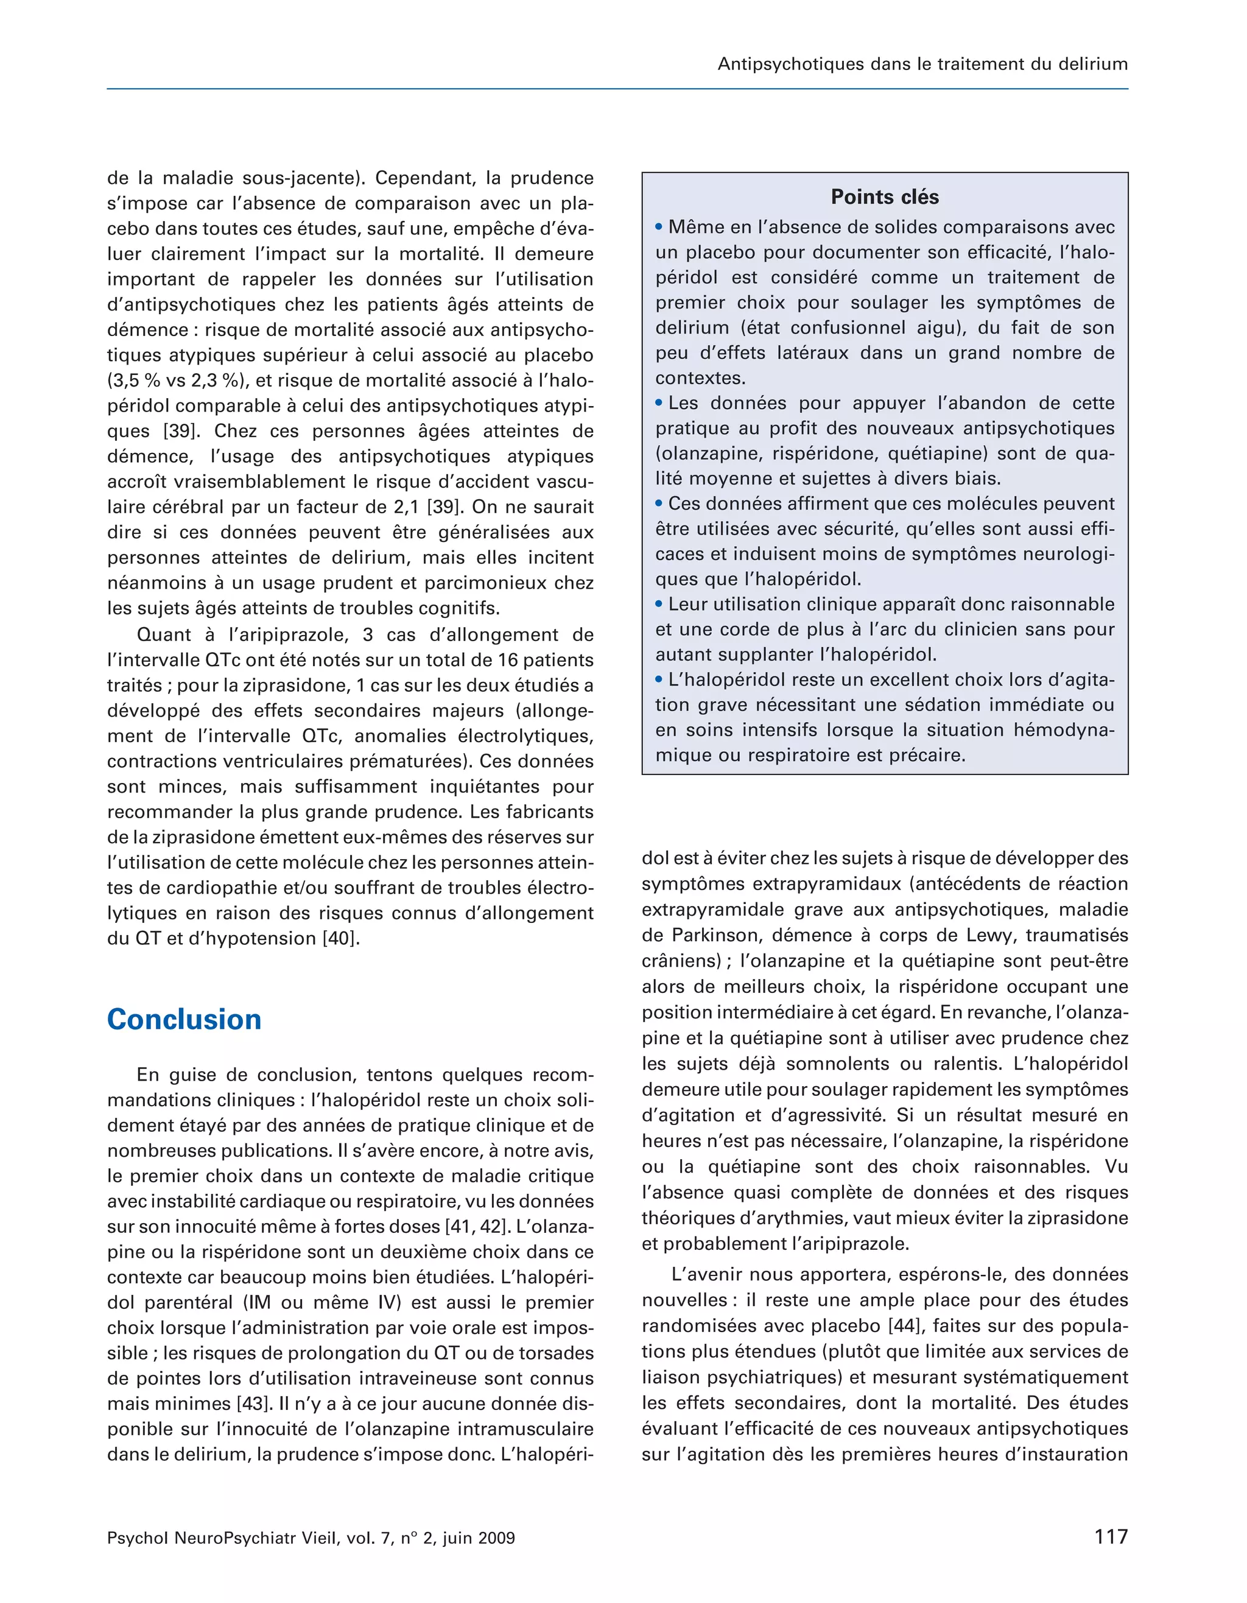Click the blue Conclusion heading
(x=184, y=1020)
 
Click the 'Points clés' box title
(x=885, y=197)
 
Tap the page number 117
(x=1111, y=1536)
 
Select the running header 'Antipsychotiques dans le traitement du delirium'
(x=922, y=64)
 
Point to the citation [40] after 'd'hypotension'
(x=342, y=938)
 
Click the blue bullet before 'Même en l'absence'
(x=659, y=227)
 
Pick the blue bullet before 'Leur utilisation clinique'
(x=659, y=604)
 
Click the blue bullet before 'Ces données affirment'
(x=659, y=503)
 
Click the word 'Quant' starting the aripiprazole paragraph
(x=161, y=635)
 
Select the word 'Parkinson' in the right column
(x=704, y=935)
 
